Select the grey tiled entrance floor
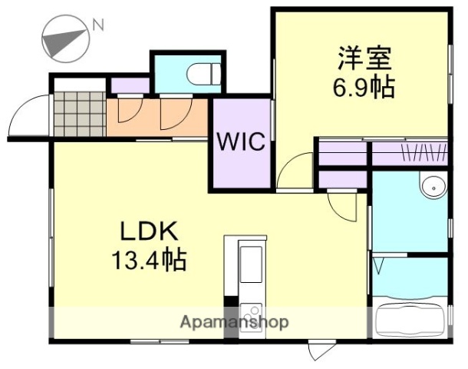(79, 115)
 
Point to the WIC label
(240, 142)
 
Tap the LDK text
(148, 230)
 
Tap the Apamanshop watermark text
(234, 322)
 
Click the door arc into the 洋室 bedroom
(295, 171)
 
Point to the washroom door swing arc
(343, 206)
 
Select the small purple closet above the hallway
(129, 85)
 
